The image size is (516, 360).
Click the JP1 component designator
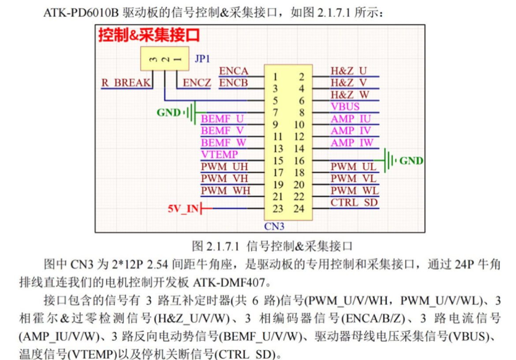202,59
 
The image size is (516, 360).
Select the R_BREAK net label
126,82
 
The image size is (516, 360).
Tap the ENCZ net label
197,82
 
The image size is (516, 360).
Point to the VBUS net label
345,107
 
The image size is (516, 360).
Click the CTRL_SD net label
354,202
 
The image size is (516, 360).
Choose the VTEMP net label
219,154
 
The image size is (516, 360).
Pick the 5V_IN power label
183,209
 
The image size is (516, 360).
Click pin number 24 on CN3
299,209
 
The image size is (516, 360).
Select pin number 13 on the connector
278,149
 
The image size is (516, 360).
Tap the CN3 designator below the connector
274,226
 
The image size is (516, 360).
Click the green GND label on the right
411,161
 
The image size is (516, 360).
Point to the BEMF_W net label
224,142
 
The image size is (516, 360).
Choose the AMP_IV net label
351,131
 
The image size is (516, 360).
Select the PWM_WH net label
225,191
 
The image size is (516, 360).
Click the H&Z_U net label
348,71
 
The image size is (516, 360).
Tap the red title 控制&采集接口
149,35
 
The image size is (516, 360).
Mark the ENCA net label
234,71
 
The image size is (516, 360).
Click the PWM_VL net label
353,178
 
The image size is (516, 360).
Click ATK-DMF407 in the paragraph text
229,282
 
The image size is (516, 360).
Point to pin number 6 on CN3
301,101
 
